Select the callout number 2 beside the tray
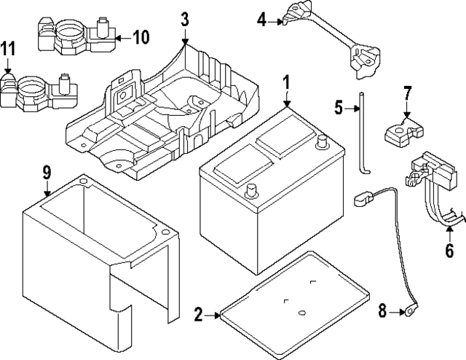(198, 315)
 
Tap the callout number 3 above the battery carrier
(185, 17)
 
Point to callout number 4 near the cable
(262, 20)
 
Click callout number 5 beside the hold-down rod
(339, 108)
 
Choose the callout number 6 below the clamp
(449, 251)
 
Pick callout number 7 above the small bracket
(408, 93)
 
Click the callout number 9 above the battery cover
(47, 173)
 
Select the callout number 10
(141, 36)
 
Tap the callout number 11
(8, 49)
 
